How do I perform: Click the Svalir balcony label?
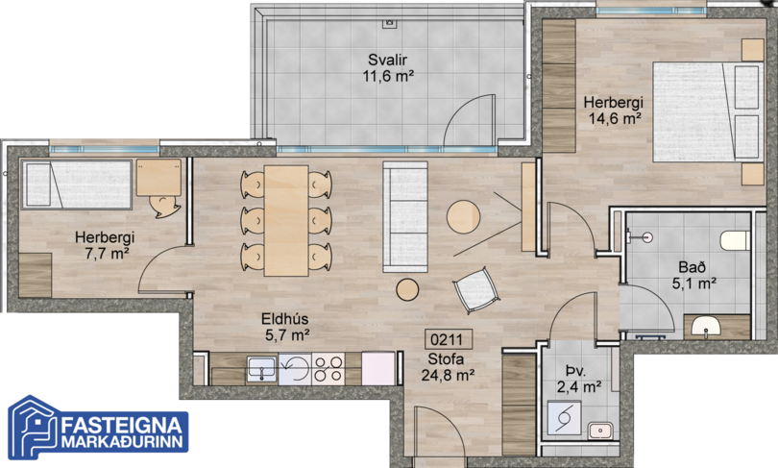(x=387, y=60)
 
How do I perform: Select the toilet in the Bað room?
(x=736, y=239)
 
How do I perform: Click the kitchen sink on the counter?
(x=261, y=369)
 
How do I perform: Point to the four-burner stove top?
(x=328, y=369)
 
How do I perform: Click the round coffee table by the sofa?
(x=463, y=216)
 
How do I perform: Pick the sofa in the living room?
(x=405, y=217)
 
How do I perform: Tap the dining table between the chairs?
(x=286, y=220)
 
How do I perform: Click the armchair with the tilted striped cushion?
(x=475, y=290)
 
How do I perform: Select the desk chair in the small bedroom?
(x=164, y=206)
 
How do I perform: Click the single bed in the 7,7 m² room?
(x=77, y=185)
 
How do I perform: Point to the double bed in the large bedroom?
(x=708, y=111)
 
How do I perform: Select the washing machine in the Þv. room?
(x=564, y=417)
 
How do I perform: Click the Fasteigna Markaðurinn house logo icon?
(x=34, y=428)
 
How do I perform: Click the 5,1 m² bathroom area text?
(x=694, y=283)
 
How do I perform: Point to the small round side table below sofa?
(x=407, y=289)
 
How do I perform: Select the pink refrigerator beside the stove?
(x=378, y=368)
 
